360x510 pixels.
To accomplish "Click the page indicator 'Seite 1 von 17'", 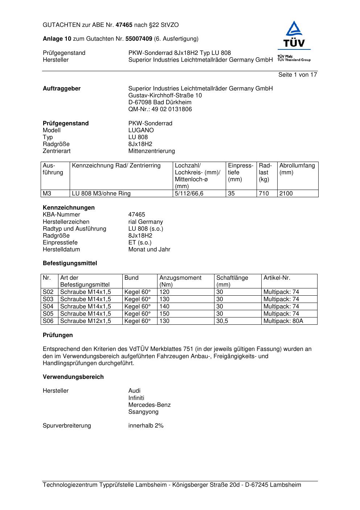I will (298, 75).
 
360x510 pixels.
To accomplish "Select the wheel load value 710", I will (264, 194).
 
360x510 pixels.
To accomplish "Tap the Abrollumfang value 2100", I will (286, 194).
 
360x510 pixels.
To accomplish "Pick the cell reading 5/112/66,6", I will (189, 194).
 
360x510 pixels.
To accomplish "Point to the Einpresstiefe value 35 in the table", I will (231, 194).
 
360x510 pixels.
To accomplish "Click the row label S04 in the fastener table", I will (48, 307).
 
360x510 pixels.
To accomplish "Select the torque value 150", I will (164, 314).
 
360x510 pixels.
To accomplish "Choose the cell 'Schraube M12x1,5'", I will (86, 321).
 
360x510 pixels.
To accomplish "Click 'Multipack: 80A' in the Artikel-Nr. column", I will (283, 321).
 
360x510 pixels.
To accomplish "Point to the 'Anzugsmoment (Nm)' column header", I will (180, 281).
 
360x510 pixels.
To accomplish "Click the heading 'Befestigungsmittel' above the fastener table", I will (70, 263).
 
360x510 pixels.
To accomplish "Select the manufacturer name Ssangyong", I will (143, 412).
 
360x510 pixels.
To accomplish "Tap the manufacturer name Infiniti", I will (136, 398).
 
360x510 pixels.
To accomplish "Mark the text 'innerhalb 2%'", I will (146, 426).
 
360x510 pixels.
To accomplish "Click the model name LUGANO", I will (141, 130).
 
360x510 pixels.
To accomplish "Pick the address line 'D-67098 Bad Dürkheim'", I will (160, 102).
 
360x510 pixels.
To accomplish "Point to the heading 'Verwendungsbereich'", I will (73, 377).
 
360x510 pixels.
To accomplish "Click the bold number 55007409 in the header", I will (139, 39).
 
